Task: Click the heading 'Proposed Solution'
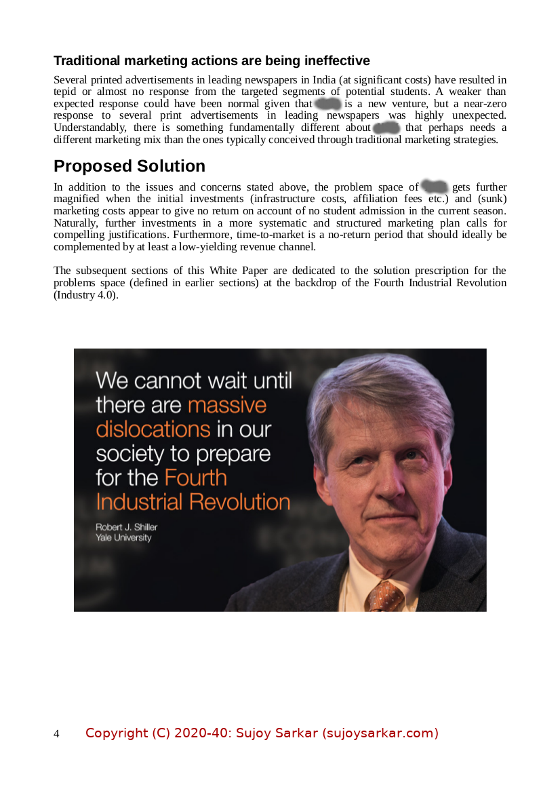click(129, 166)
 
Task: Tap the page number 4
click(56, 734)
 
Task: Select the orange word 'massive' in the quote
click(226, 405)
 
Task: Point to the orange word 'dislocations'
click(153, 429)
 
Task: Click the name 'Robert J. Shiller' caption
click(126, 527)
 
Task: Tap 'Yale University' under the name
click(123, 538)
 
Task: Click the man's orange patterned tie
click(385, 596)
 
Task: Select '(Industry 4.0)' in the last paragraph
click(85, 295)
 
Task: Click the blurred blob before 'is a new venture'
click(328, 104)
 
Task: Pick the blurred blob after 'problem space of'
click(435, 187)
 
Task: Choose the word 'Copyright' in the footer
click(116, 733)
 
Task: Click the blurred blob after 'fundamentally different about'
click(386, 128)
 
